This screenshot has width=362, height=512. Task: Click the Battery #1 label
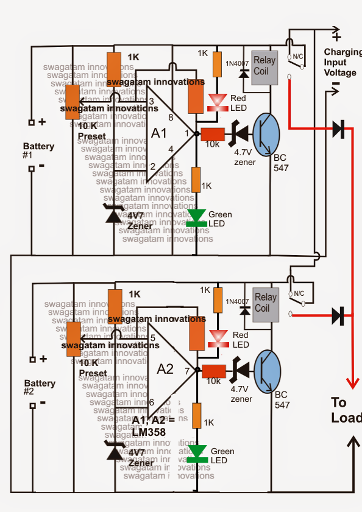coord(38,150)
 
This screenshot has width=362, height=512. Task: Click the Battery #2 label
coord(39,387)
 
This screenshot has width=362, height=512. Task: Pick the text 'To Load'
coord(346,410)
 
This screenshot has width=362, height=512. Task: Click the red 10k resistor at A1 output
coord(213,134)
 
